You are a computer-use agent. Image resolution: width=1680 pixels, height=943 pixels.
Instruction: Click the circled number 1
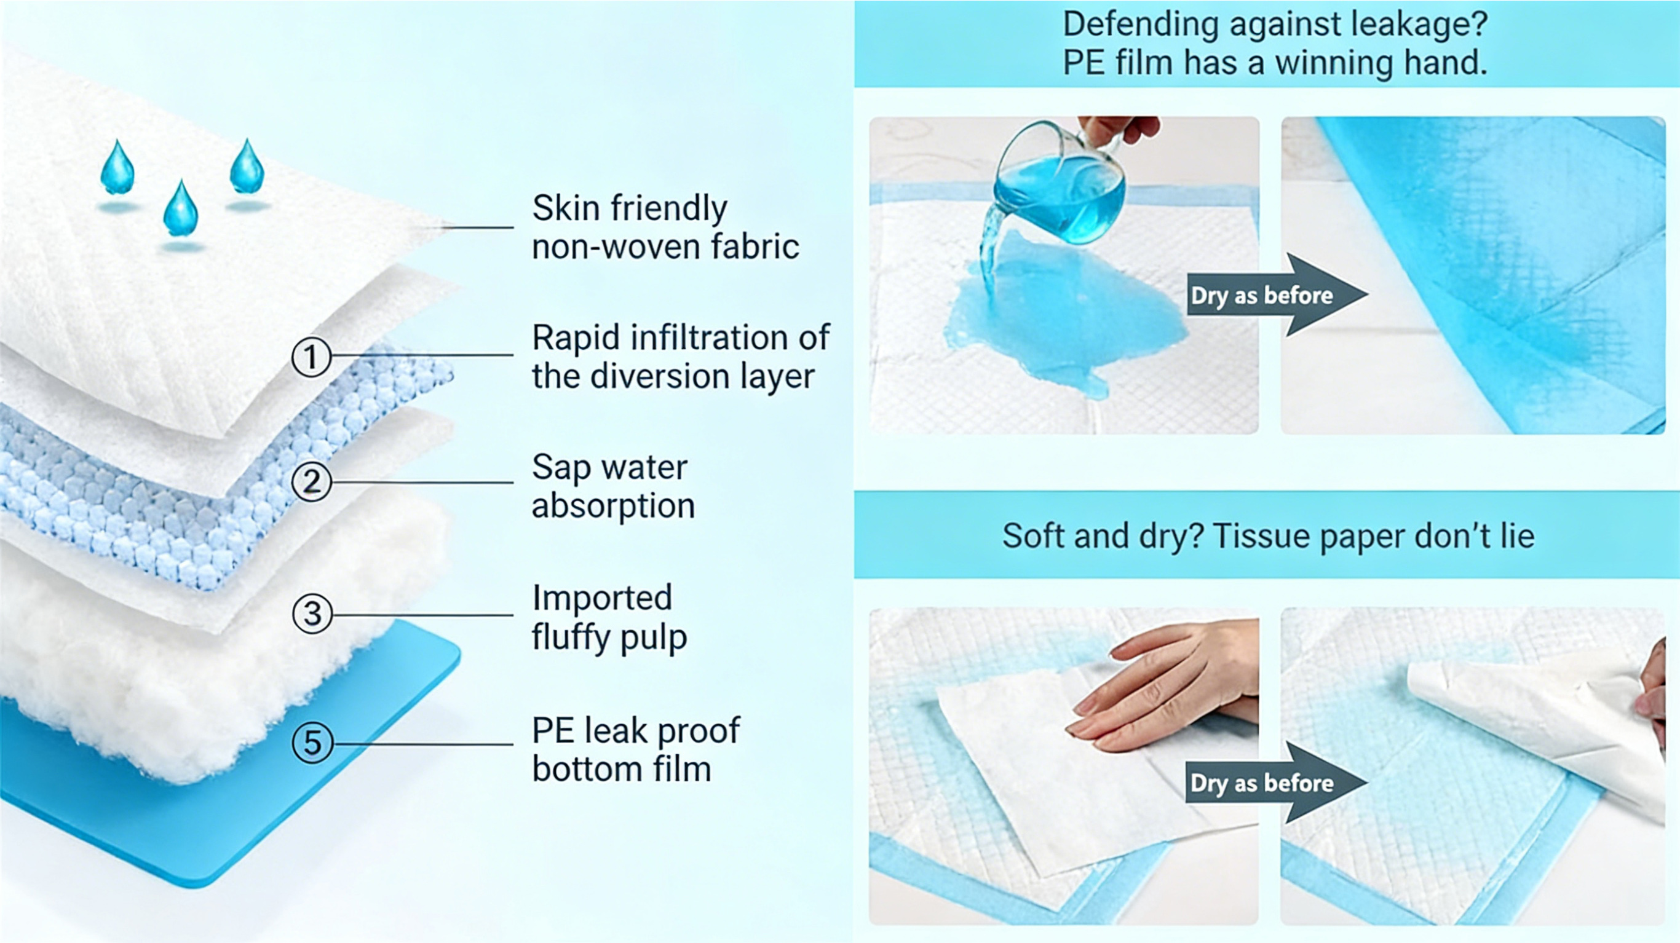click(311, 357)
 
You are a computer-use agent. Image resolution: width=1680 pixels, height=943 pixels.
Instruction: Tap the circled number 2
click(311, 482)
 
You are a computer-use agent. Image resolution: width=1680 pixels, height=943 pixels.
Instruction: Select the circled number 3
click(312, 614)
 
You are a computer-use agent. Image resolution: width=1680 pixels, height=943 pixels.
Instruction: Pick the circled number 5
click(312, 743)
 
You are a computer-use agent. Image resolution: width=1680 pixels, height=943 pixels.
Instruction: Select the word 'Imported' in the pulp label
click(602, 598)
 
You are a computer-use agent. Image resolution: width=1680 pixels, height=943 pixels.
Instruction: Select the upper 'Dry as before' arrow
click(1277, 295)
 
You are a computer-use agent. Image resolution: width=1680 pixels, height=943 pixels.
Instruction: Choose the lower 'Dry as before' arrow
click(1277, 783)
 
